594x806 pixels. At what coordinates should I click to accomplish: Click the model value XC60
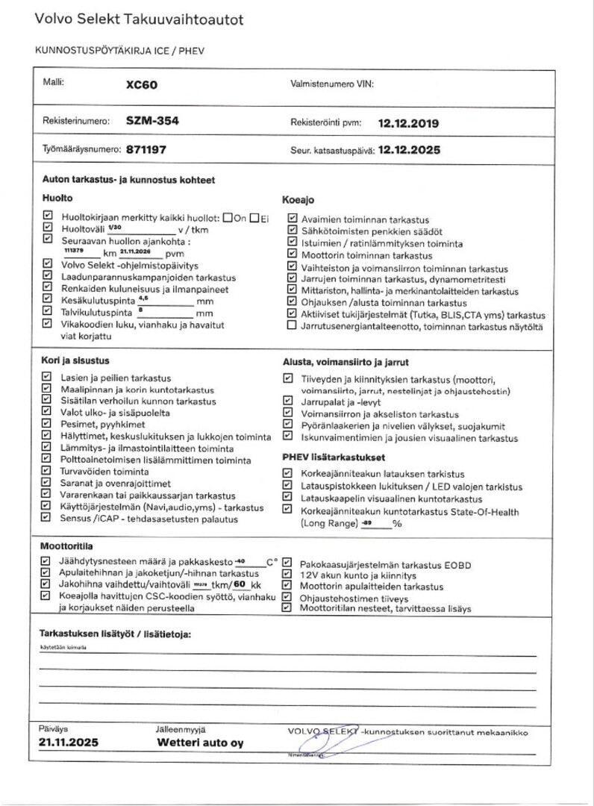tap(142, 85)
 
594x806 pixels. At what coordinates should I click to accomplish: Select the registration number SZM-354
tap(152, 121)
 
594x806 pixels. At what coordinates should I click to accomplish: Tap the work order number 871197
tap(146, 149)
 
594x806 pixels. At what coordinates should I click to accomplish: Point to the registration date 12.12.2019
tap(409, 123)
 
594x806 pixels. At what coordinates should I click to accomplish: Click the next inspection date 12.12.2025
tap(409, 149)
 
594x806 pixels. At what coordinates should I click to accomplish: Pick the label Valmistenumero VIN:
tap(331, 85)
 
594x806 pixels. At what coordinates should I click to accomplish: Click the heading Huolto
tap(57, 199)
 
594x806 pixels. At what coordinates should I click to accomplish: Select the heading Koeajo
tap(298, 200)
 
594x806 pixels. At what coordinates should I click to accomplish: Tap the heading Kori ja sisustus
tap(75, 360)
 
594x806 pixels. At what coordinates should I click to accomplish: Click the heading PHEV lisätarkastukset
tap(333, 456)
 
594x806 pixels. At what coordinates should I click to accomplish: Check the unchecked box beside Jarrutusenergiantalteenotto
tap(291, 327)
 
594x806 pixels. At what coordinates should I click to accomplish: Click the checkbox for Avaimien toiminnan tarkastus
tap(291, 219)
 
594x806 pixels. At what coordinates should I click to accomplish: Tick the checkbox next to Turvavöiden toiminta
tap(47, 472)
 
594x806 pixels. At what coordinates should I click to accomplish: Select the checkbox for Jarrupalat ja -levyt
tap(287, 401)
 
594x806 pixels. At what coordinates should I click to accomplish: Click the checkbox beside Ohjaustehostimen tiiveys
tap(287, 598)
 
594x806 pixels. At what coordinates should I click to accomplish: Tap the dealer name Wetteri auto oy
tap(200, 743)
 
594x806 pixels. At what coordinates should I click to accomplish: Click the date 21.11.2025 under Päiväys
tap(68, 743)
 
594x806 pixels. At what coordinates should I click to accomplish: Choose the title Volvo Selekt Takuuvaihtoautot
tap(139, 20)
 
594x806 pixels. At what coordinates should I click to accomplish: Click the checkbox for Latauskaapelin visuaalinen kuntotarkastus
tap(287, 498)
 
